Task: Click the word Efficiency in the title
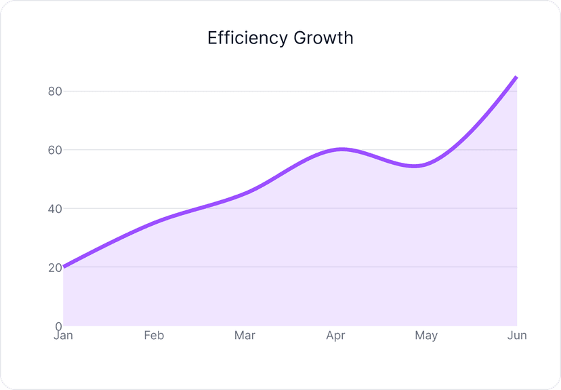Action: pyautogui.click(x=247, y=38)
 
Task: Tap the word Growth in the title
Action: pyautogui.click(x=323, y=38)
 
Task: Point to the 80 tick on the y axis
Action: pyautogui.click(x=55, y=92)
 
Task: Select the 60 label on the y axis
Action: pyautogui.click(x=55, y=150)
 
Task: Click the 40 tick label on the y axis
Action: pyautogui.click(x=55, y=209)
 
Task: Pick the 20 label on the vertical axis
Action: pyautogui.click(x=55, y=267)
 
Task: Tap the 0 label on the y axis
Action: pyautogui.click(x=58, y=326)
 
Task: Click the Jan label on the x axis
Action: pyautogui.click(x=63, y=336)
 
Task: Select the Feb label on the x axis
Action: pyautogui.click(x=154, y=336)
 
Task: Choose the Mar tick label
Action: pyautogui.click(x=245, y=336)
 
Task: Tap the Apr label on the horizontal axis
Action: pyautogui.click(x=335, y=336)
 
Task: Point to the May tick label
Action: pyautogui.click(x=426, y=336)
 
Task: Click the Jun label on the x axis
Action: pyautogui.click(x=517, y=336)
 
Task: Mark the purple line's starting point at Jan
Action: pyautogui.click(x=64, y=267)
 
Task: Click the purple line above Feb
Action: pyautogui.click(x=154, y=222)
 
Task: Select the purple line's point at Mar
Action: pyautogui.click(x=245, y=193)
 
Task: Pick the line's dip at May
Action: pyautogui.click(x=419, y=165)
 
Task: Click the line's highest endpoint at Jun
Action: pyautogui.click(x=516, y=77)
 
